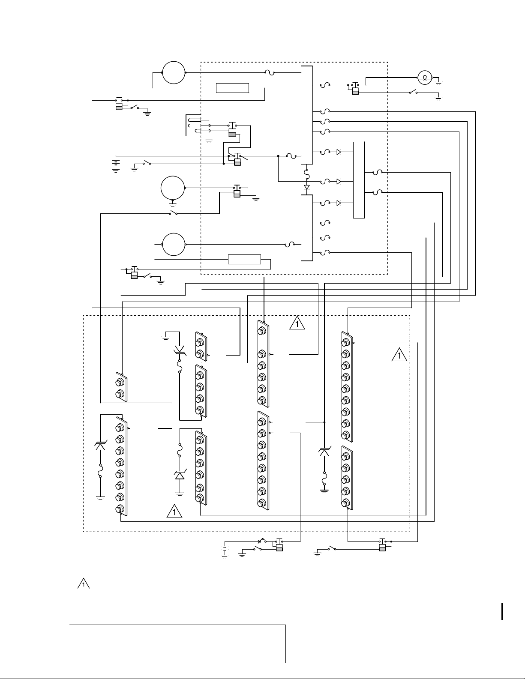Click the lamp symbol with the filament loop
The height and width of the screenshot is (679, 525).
424,78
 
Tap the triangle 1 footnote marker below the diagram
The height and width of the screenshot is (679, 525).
84,583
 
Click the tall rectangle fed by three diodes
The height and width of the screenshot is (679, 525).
359,179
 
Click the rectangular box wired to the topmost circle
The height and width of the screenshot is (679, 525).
232,88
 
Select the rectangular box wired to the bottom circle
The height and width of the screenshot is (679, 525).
244,259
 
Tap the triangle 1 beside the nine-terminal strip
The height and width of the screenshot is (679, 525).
399,356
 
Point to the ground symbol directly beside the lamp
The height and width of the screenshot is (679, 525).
439,80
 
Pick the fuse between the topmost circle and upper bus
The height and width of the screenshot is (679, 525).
270,72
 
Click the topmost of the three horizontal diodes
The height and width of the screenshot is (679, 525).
339,152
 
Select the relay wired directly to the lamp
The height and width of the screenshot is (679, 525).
355,87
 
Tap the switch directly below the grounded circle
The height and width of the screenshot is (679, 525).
174,213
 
